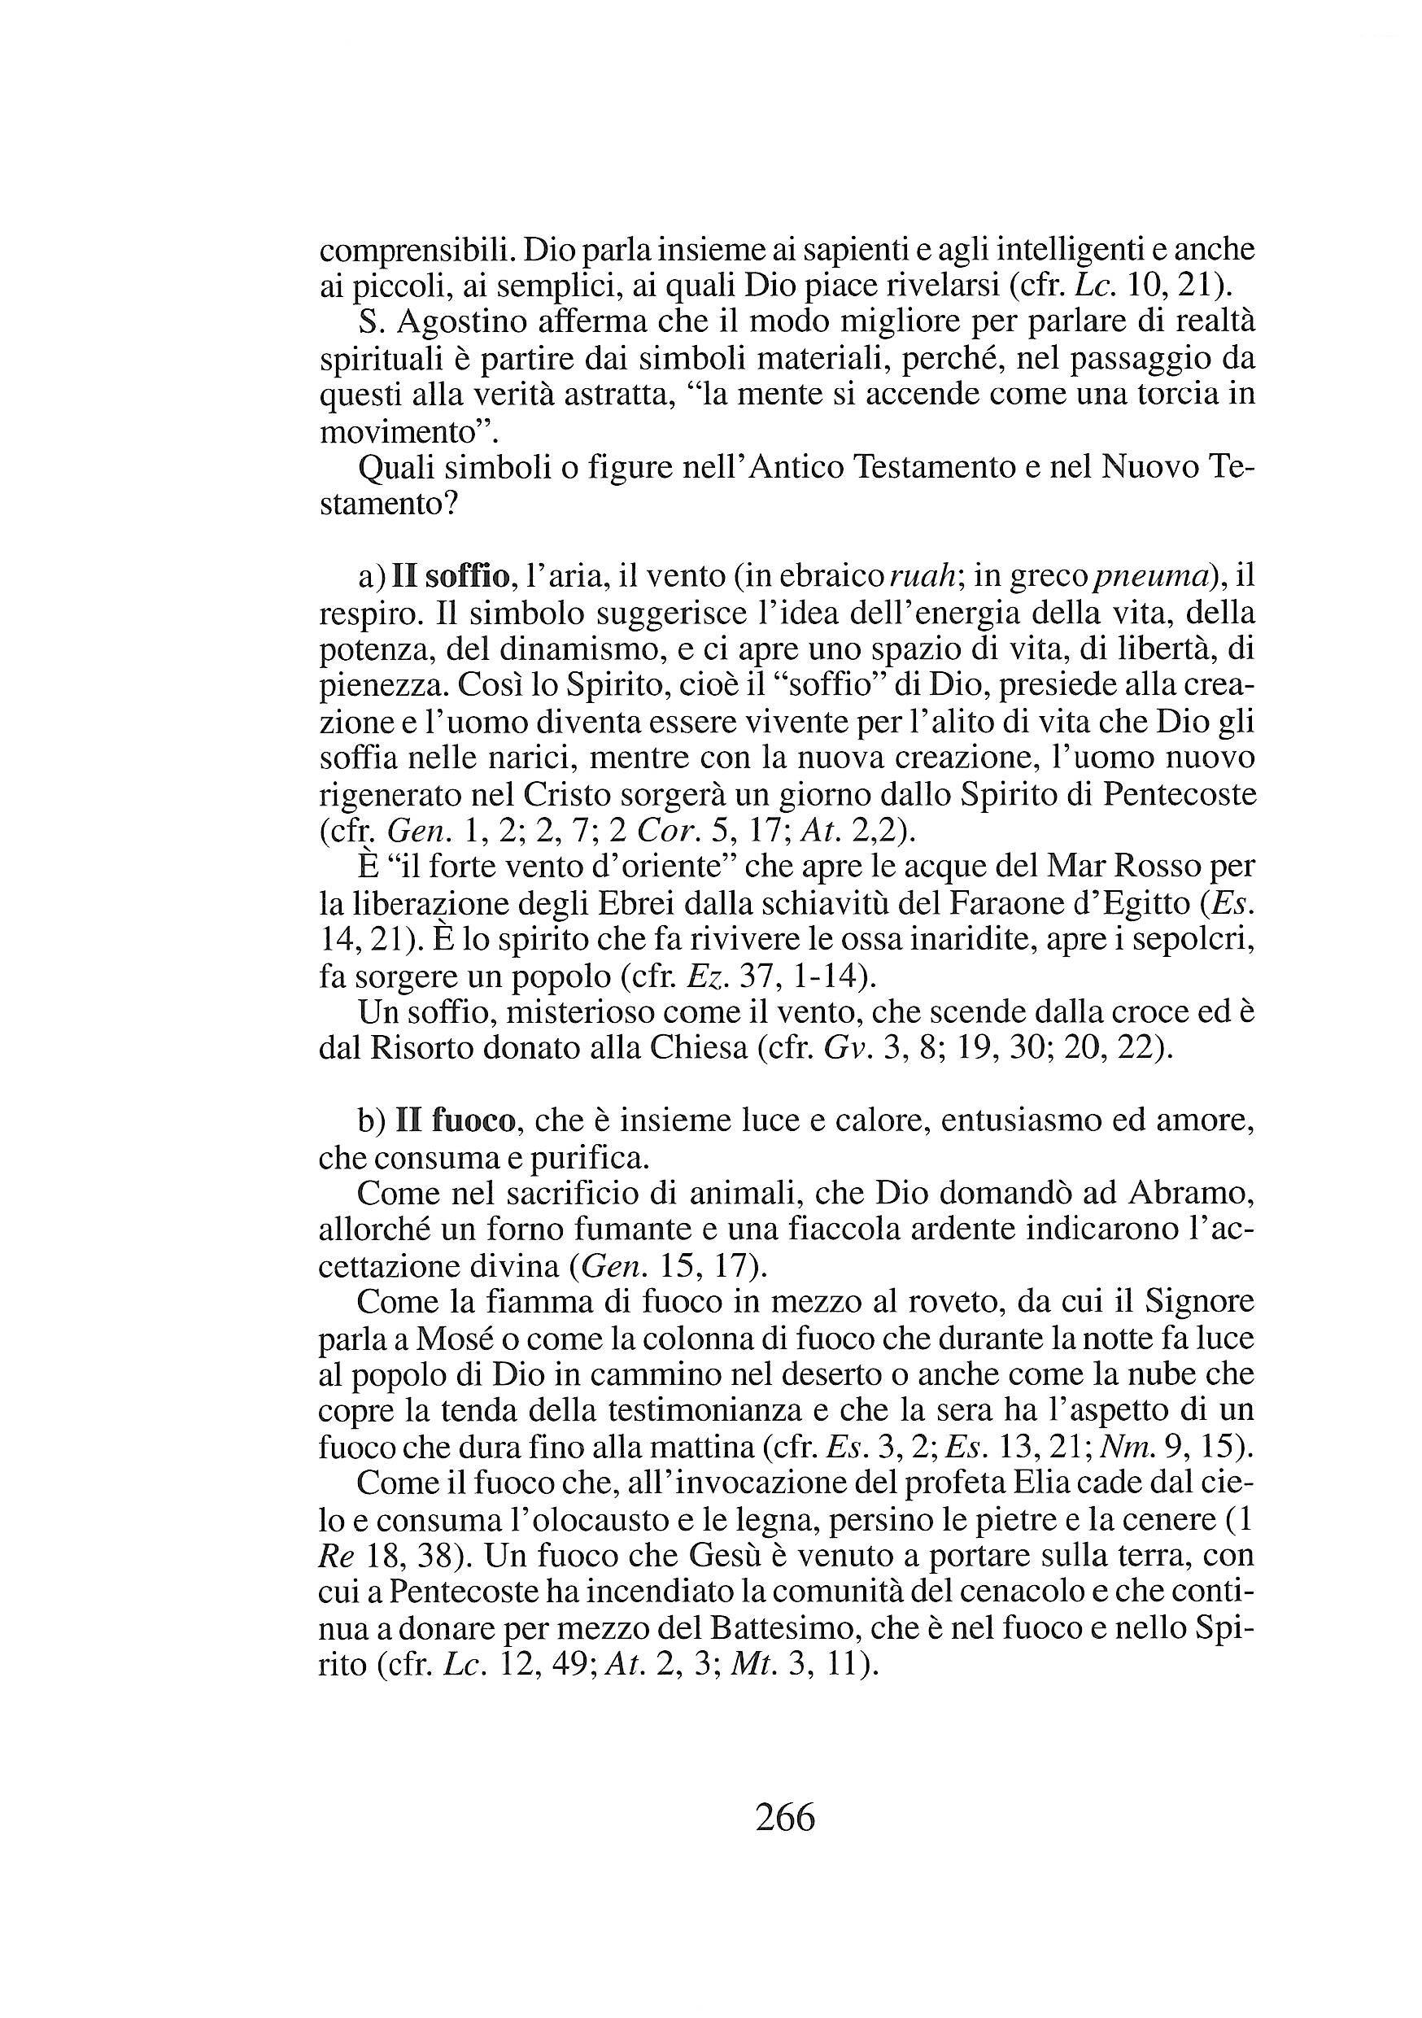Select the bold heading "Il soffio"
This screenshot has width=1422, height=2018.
(x=451, y=577)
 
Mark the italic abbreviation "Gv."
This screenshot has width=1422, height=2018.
(x=844, y=1050)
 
